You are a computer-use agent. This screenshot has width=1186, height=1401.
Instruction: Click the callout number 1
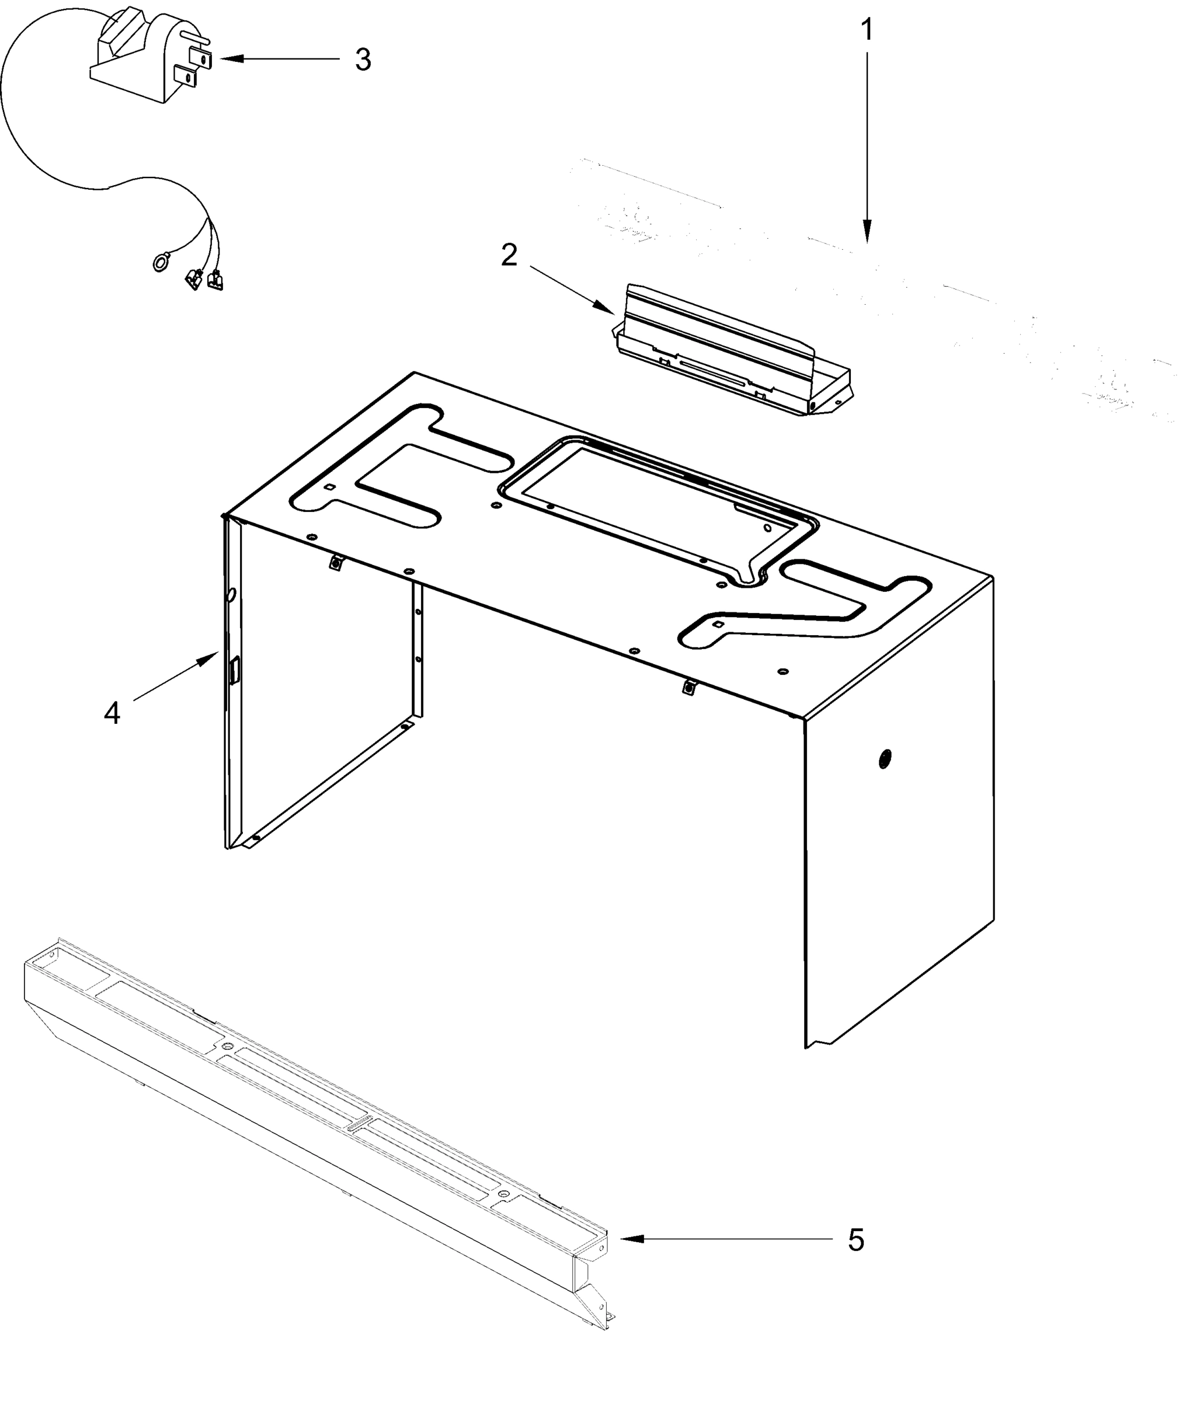867,30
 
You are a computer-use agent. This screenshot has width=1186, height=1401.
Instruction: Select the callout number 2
509,255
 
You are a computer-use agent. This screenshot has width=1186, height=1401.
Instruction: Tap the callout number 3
363,60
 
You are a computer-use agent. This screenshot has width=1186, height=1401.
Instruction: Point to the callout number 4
112,713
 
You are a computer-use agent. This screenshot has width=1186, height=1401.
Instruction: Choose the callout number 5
855,1240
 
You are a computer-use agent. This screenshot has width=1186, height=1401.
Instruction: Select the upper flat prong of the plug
201,58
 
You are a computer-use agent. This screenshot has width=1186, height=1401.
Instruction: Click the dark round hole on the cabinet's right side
885,759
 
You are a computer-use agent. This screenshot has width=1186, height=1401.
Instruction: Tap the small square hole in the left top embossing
329,487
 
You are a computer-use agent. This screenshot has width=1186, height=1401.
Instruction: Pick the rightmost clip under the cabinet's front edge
688,688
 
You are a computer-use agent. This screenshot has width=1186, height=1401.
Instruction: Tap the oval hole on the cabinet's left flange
231,594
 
